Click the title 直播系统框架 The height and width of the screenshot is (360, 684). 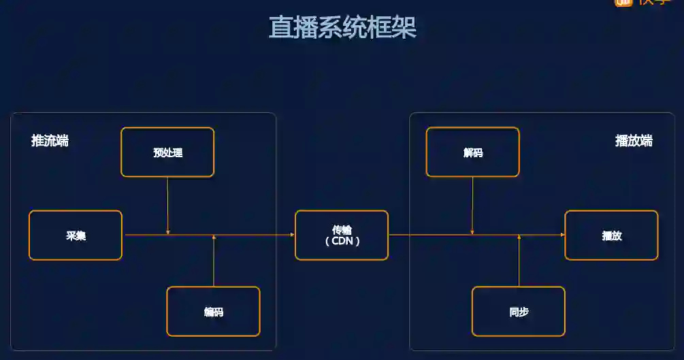(x=342, y=28)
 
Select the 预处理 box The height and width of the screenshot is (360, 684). (x=167, y=152)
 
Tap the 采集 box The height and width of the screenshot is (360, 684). (x=76, y=235)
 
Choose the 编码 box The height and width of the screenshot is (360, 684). (x=213, y=312)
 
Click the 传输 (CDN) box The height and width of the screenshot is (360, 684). (x=342, y=235)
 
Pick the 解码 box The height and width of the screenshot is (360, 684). (x=472, y=152)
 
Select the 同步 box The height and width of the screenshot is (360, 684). (x=518, y=312)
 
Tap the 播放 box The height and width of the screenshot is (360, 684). (x=611, y=235)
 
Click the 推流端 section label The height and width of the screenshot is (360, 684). (x=50, y=141)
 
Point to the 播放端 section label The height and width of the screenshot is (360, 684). (x=634, y=141)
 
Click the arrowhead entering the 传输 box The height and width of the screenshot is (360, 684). (x=292, y=235)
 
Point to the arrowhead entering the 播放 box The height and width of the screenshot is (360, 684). (x=562, y=235)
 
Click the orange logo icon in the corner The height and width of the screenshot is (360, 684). (x=623, y=3)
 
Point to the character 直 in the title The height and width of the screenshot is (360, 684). (x=280, y=28)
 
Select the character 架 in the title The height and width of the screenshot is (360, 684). (x=404, y=28)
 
